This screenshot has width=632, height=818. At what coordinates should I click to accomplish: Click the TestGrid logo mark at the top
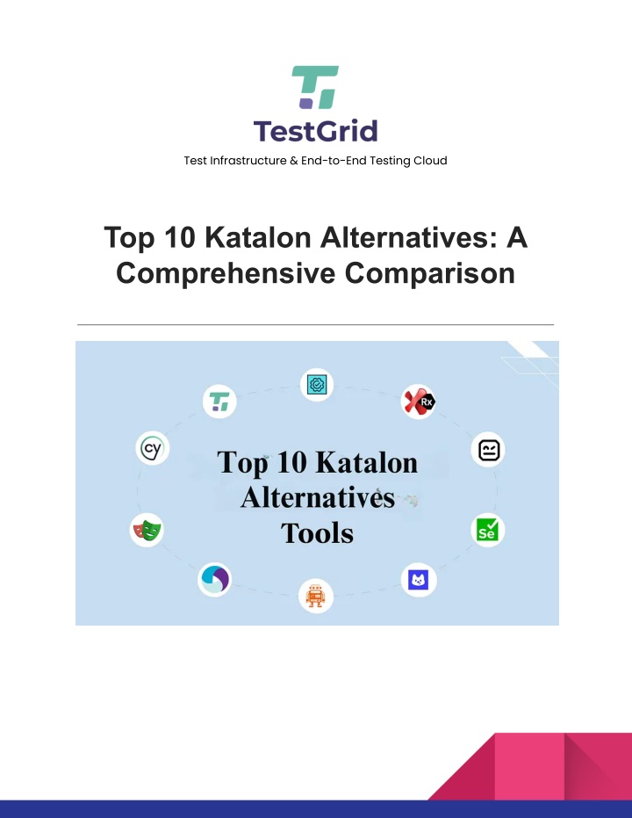(x=315, y=87)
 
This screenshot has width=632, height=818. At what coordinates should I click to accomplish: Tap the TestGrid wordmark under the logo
(x=316, y=131)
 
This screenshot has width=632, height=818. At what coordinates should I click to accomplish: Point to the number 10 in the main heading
(x=180, y=237)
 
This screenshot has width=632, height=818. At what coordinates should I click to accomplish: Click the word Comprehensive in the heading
(x=226, y=273)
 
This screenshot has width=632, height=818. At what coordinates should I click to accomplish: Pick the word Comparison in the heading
(x=430, y=273)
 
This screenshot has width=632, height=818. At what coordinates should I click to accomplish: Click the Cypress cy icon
(x=153, y=448)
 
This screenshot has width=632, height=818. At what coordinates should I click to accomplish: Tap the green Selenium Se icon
(x=488, y=530)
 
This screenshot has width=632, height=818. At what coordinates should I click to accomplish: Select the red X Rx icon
(x=419, y=402)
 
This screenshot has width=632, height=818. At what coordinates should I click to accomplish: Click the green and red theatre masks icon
(x=147, y=530)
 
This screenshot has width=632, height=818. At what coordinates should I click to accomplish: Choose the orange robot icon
(x=316, y=596)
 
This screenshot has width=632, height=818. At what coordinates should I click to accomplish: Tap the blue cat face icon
(x=419, y=580)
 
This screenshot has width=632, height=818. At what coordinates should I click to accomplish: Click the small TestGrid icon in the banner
(x=219, y=402)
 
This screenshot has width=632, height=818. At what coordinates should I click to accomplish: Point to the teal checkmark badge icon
(x=317, y=385)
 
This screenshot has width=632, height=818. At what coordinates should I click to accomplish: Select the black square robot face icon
(x=488, y=450)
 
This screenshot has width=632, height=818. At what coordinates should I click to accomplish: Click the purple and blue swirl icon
(x=215, y=579)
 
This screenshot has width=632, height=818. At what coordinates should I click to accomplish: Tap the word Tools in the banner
(x=317, y=533)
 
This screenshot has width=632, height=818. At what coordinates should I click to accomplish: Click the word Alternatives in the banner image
(x=318, y=497)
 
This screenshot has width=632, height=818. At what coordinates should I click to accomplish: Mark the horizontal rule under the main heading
(x=316, y=324)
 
